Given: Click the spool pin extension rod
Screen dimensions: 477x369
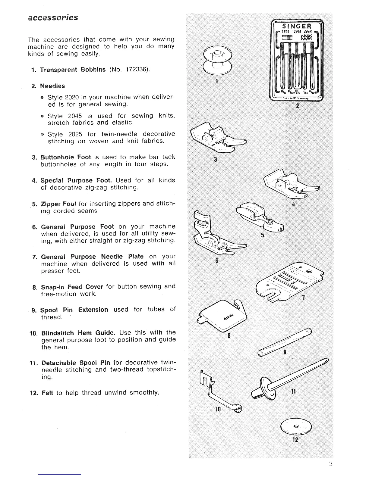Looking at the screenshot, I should (285, 341).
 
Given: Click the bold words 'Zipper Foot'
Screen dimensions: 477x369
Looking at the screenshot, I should (58, 204).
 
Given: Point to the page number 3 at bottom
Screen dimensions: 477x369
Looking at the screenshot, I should (331, 464).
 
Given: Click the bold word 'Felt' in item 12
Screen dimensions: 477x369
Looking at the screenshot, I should (47, 393).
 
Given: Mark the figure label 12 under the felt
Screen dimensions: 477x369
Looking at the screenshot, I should (295, 439).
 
